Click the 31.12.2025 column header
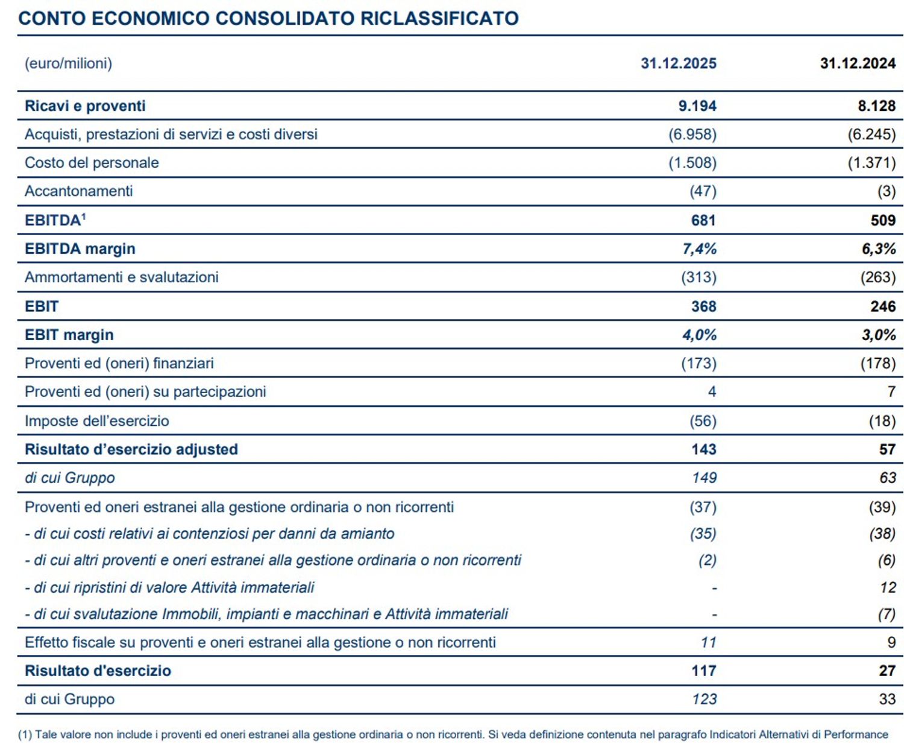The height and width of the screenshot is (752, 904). point(678,63)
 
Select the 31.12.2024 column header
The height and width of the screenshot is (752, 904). point(858,63)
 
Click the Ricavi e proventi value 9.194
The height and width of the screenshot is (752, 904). point(697,106)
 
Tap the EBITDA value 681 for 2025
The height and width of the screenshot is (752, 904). point(703,220)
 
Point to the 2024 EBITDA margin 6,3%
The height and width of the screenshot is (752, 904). point(879,248)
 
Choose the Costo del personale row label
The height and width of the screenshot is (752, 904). point(92,163)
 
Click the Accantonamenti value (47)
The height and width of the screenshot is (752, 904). point(703,191)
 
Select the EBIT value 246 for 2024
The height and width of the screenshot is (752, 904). point(883,306)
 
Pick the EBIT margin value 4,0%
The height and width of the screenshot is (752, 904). point(699,335)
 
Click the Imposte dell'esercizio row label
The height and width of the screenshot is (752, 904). point(96,421)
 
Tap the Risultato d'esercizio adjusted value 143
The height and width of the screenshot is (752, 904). point(703,449)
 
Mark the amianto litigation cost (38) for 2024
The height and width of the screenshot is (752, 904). point(882,534)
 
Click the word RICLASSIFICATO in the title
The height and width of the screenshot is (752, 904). point(439,18)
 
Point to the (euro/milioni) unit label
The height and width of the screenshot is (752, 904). point(68,63)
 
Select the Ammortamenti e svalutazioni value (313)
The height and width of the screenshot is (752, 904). point(699,277)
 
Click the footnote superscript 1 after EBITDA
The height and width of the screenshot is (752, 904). point(83,216)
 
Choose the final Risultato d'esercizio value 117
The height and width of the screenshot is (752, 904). point(703,671)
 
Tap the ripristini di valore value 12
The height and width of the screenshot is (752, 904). point(888,587)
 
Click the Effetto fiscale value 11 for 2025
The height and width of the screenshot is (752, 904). point(708,642)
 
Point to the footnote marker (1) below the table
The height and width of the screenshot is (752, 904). point(25,735)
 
